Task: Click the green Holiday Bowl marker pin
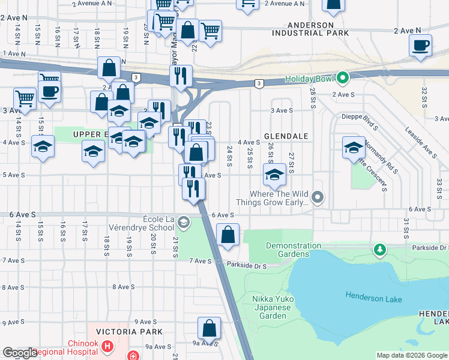click(343, 78)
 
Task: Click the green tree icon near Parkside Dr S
click(379, 248)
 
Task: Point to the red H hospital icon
click(107, 346)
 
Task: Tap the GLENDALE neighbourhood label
click(286, 136)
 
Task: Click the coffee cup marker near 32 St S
click(420, 46)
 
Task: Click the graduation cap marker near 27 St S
click(274, 175)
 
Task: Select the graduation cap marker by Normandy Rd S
click(354, 147)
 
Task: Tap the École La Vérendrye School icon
click(183, 223)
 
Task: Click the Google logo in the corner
click(20, 353)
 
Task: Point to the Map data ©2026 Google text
click(411, 355)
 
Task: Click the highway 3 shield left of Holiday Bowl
click(258, 83)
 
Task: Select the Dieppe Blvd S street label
click(360, 116)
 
